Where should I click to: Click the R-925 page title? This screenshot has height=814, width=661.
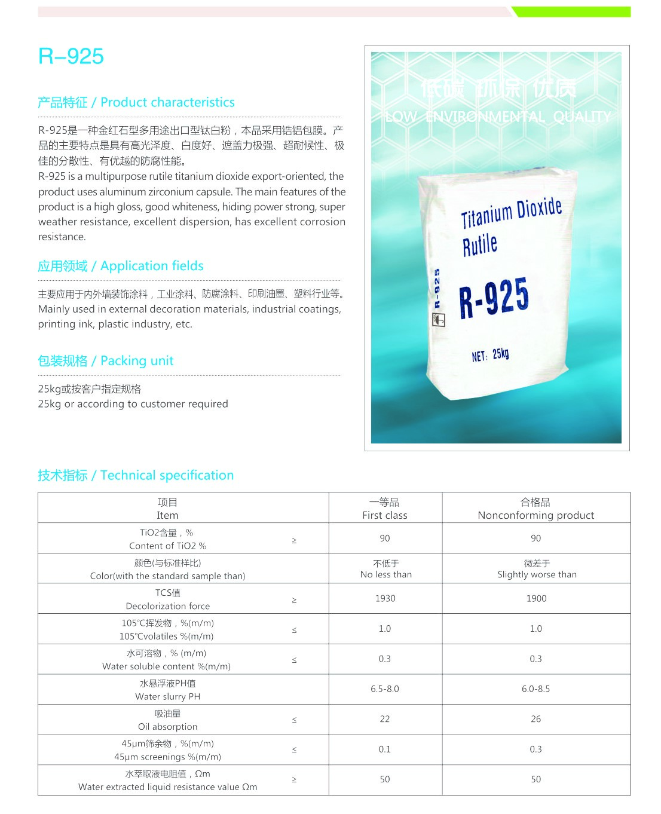[71, 56]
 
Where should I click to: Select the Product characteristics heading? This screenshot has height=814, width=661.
[136, 102]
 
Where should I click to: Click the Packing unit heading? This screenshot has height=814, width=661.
[106, 361]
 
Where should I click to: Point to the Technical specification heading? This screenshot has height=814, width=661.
[136, 475]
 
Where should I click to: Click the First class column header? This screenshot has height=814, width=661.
[385, 509]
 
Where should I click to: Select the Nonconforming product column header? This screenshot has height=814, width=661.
[536, 509]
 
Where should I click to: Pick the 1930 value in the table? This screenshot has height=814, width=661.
[385, 598]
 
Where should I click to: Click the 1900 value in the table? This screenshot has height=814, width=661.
[536, 598]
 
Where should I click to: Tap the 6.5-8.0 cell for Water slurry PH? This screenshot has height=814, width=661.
[385, 689]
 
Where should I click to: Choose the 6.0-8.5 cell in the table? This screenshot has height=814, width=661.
[536, 689]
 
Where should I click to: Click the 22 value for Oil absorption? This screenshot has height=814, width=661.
[385, 719]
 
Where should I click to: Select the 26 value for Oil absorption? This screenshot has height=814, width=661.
[536, 719]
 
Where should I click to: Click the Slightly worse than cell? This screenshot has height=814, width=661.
[537, 569]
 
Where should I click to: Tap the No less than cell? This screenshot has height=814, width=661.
[386, 569]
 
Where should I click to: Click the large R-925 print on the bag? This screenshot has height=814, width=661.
[494, 297]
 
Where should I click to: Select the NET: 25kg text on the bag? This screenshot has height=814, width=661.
[490, 355]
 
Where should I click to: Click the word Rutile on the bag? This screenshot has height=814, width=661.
[480, 244]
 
